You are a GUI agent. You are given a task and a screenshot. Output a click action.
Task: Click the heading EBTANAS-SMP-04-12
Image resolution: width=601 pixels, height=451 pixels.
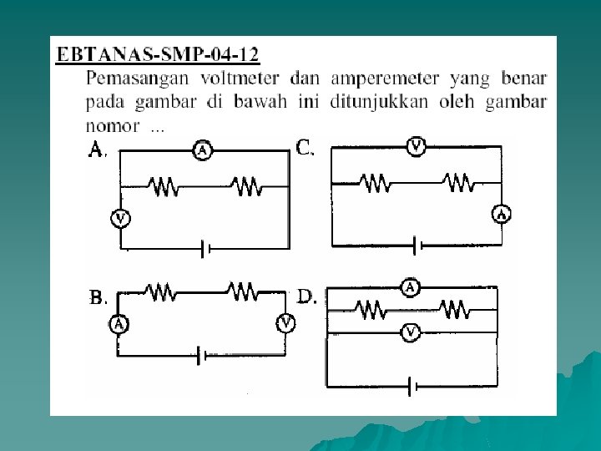coord(158,56)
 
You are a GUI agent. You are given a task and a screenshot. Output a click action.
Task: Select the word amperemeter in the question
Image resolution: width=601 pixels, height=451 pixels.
coord(385,79)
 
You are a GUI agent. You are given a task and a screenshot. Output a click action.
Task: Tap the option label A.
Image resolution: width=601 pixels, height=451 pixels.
coord(98,149)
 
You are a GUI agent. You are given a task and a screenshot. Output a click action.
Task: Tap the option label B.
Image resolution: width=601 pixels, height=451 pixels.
coord(98,297)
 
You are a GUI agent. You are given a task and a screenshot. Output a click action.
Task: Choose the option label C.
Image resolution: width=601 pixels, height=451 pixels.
coord(306,149)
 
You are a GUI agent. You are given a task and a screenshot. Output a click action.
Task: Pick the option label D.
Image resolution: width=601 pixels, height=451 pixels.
coord(307,296)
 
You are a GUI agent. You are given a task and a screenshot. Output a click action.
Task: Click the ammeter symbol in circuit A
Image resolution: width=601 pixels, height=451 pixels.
coord(202,150)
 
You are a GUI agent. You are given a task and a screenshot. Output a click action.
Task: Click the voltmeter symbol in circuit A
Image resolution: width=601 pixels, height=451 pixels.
coord(121,219)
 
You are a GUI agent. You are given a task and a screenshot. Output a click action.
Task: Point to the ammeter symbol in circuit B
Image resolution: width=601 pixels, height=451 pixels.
coord(119,324)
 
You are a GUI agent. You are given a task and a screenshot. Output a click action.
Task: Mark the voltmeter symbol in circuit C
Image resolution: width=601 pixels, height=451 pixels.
coord(417,148)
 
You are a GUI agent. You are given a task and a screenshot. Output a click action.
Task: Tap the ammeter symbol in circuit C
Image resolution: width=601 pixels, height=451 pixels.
coord(502,214)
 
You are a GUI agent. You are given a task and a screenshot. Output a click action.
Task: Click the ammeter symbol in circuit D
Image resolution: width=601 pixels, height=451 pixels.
coord(410,288)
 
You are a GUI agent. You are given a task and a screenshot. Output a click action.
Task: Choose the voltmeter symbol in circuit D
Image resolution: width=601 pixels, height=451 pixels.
coord(410,333)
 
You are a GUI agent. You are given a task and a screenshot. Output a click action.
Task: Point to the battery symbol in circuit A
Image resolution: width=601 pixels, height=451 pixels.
coord(203,249)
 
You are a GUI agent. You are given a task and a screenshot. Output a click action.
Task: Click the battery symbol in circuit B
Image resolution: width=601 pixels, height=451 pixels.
coord(201,356)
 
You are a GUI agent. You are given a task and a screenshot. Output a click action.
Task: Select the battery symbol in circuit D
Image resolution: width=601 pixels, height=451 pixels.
coord(411,387)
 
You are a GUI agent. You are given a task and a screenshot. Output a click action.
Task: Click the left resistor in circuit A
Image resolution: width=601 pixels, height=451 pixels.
coord(164,186)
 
